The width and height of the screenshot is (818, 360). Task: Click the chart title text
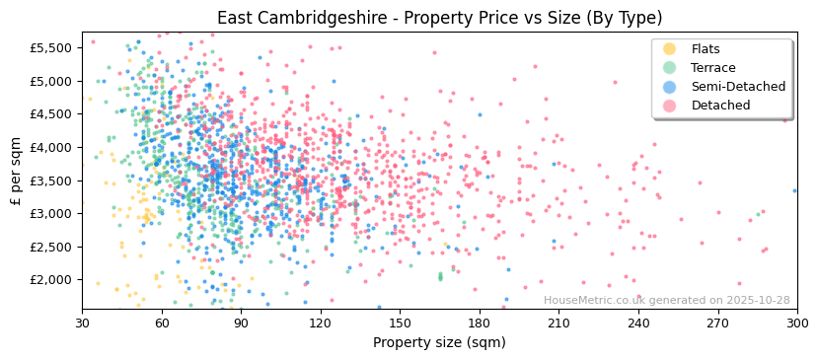(x=439, y=18)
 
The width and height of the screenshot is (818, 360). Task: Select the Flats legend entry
(x=705, y=49)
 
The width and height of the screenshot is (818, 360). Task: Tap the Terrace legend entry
(x=712, y=68)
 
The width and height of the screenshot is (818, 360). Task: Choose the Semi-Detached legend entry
(x=738, y=87)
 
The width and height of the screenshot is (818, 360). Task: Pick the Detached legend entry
(x=720, y=106)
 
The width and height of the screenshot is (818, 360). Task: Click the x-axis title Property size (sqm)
(x=439, y=343)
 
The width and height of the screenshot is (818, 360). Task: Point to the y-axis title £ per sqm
(x=16, y=172)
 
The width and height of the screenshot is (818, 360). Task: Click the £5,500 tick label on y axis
(x=50, y=48)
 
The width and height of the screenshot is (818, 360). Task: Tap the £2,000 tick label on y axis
(x=50, y=280)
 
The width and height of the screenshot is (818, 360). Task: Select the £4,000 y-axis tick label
(x=50, y=148)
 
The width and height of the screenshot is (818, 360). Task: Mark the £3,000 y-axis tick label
(x=50, y=214)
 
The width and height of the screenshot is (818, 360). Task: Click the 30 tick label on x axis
(x=82, y=323)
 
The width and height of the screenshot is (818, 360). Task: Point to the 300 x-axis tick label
(x=796, y=323)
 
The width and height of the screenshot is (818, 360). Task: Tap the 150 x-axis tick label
(x=400, y=323)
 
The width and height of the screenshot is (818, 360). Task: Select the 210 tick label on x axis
(x=558, y=323)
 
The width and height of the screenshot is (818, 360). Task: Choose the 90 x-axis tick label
(x=241, y=323)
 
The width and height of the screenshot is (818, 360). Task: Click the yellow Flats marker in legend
(x=670, y=49)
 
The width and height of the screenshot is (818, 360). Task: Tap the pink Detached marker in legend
(x=670, y=106)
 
